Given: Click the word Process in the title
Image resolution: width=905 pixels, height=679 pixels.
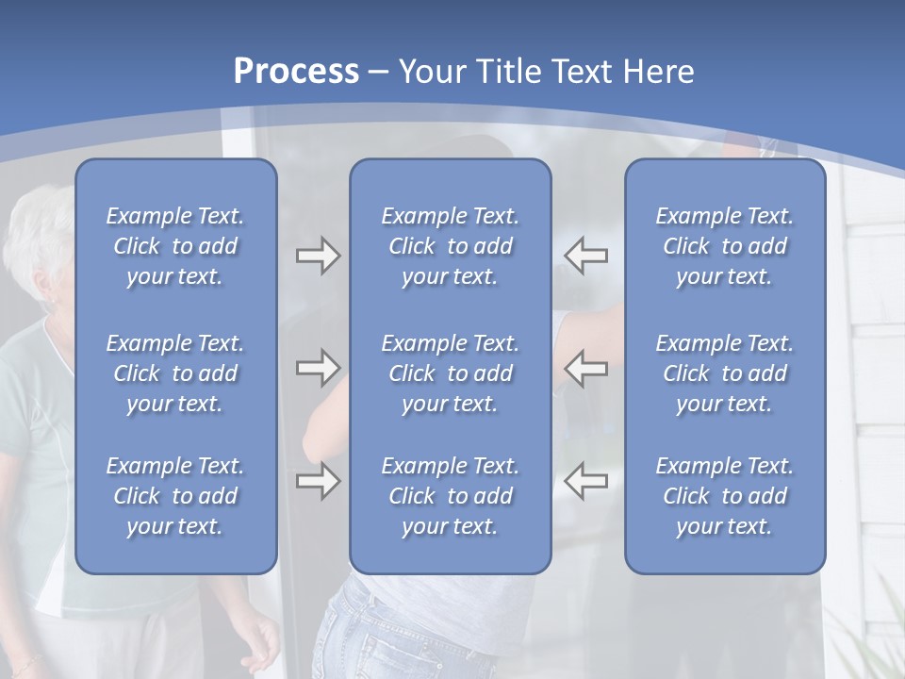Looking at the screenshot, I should coord(296,72).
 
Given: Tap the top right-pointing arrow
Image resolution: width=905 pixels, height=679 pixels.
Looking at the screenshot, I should coord(318,256).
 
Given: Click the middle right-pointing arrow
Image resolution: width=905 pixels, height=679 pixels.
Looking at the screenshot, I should coord(318,368).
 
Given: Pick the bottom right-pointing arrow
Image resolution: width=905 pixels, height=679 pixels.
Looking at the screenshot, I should coord(318,481).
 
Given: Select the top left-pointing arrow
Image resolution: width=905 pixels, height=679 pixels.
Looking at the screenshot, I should coord(585,256).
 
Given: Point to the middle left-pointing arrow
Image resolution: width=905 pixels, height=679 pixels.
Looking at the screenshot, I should coord(585,368).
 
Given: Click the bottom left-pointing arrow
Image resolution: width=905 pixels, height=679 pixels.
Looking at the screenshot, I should coord(585,481).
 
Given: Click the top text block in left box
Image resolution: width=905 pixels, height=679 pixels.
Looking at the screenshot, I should coord(175,246).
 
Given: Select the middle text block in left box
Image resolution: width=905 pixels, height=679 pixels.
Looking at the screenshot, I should coord(175,373).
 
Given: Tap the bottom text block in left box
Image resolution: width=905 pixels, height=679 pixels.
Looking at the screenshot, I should coord(175,496).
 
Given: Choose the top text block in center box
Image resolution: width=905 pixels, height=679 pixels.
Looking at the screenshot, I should coord(450,246).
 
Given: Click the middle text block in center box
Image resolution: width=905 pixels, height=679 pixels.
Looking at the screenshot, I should coord(450,373).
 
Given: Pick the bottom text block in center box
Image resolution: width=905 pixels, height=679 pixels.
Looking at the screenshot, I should coord(450,496).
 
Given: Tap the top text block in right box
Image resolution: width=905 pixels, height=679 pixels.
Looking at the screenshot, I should coord(724,246).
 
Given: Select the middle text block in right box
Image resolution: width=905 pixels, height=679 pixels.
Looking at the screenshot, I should coord(724,373).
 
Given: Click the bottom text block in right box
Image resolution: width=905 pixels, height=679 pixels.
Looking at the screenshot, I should coord(724,496).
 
